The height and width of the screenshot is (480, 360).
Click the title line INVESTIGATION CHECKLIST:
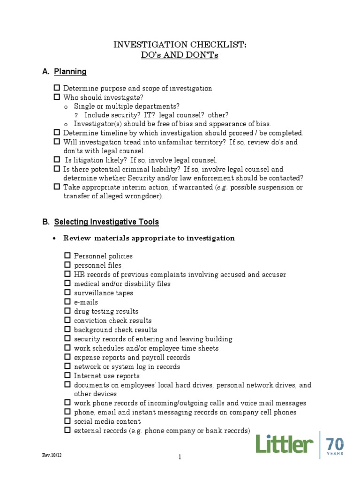[180, 45]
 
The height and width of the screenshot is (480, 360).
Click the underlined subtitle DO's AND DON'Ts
[180, 55]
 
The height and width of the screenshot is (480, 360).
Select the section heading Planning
[70, 72]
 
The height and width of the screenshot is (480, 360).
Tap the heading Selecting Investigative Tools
[106, 222]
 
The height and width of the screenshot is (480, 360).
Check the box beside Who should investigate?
[57, 97]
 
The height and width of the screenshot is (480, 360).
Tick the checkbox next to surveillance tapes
[67, 292]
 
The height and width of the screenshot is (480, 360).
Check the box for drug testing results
[67, 311]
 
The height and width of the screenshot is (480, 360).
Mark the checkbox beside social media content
[67, 421]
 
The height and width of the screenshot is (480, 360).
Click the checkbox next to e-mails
[67, 302]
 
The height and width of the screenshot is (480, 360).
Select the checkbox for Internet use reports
[67, 375]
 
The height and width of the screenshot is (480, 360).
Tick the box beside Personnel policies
[67, 255]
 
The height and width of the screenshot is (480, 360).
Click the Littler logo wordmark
[285, 443]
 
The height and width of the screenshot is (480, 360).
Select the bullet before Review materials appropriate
[54, 238]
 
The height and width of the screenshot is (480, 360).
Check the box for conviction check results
[67, 320]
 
